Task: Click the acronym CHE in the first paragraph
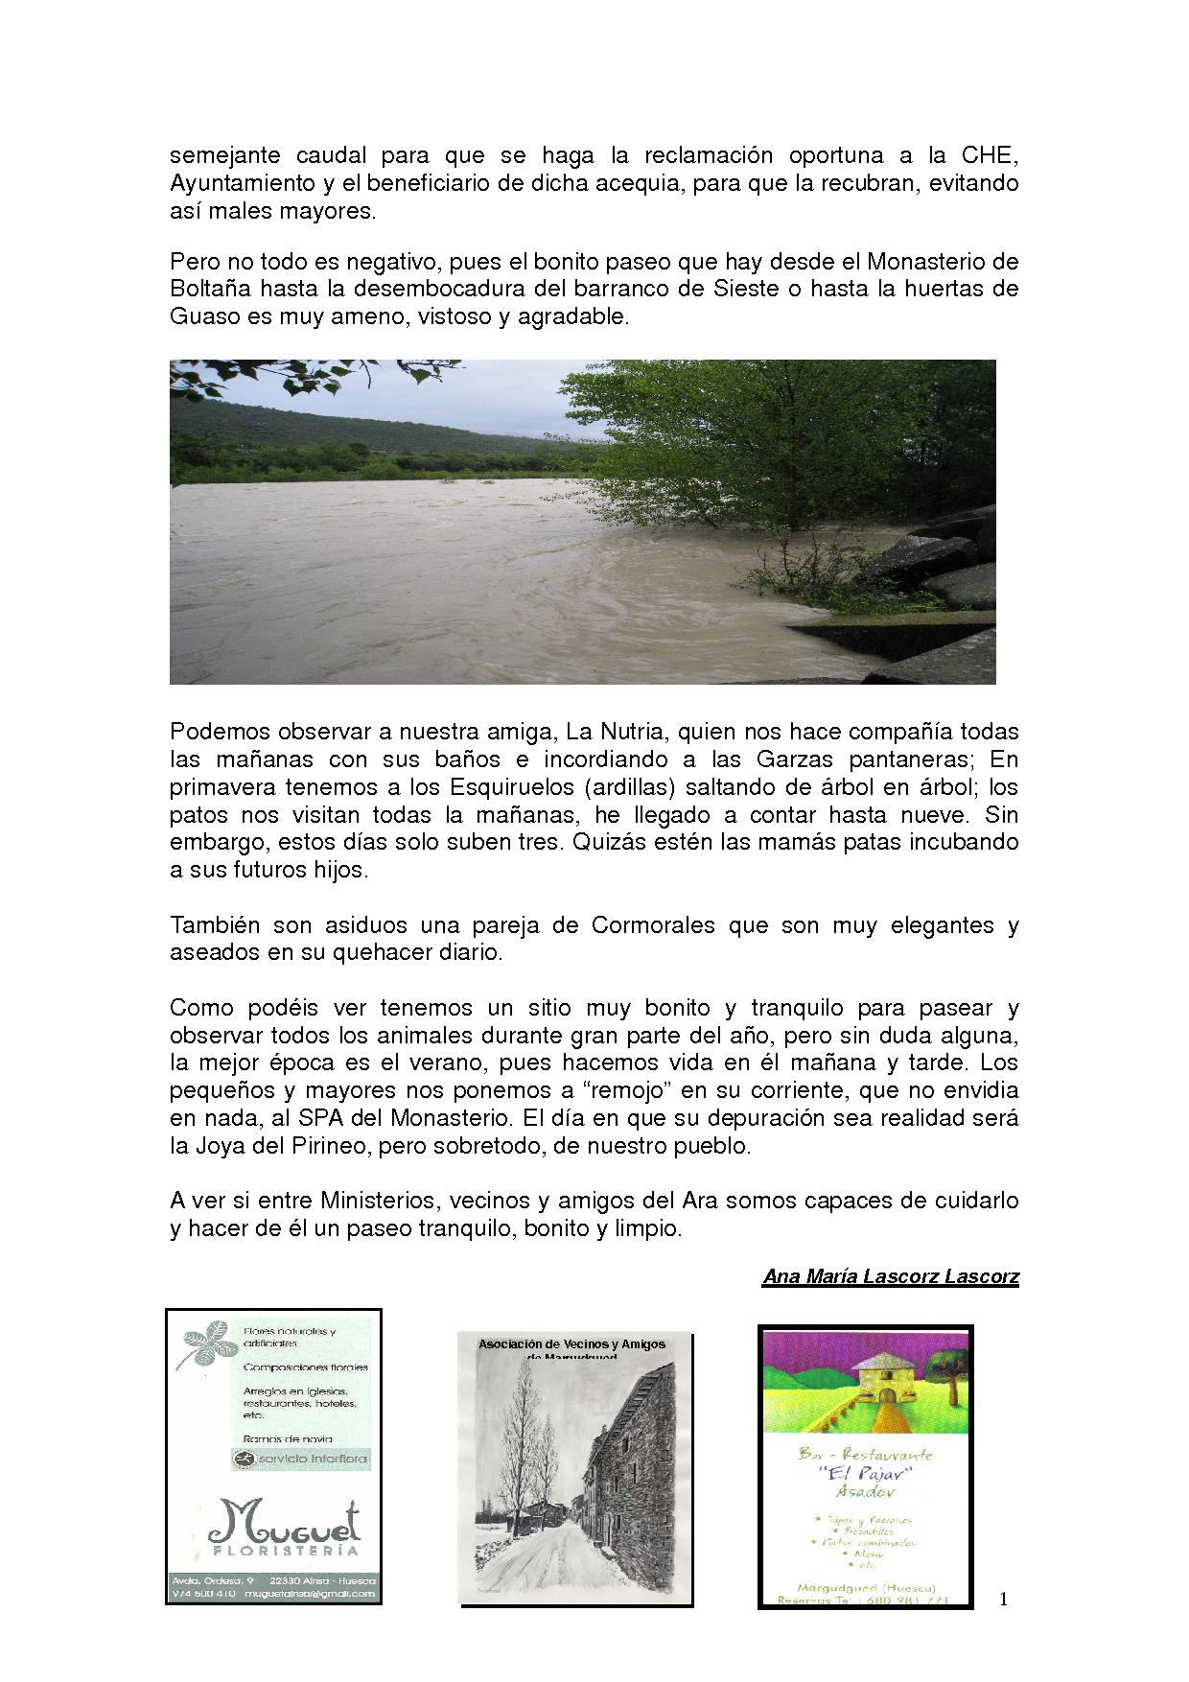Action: [988, 155]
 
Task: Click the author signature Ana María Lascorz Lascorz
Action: [890, 1277]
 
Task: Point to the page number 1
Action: [1003, 1599]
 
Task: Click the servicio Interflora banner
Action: [299, 1460]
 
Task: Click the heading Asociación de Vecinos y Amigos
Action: [571, 1344]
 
